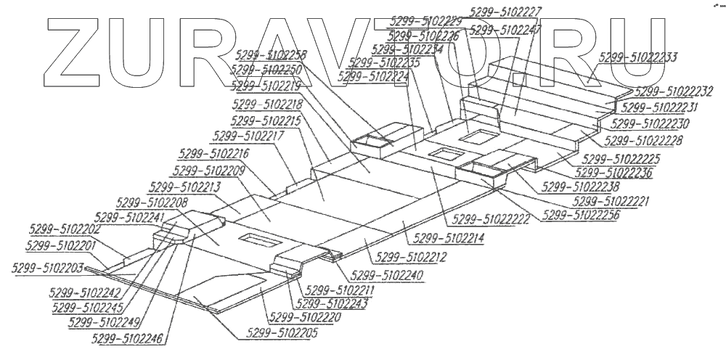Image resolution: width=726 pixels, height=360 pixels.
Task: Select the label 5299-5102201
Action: click(x=60, y=245)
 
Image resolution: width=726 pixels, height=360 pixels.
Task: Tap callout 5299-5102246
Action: click(x=128, y=337)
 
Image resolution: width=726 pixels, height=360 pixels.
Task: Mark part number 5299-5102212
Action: click(x=410, y=257)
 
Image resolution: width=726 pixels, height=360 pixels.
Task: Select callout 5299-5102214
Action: click(x=448, y=237)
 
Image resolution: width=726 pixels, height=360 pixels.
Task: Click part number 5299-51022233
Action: click(x=640, y=57)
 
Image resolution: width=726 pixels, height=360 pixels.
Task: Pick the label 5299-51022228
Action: click(x=643, y=140)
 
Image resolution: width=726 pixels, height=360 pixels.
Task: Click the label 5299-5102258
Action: click(x=271, y=54)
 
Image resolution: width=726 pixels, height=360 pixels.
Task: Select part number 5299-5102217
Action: click(x=246, y=136)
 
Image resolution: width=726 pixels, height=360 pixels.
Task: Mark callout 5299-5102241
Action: click(x=129, y=216)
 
